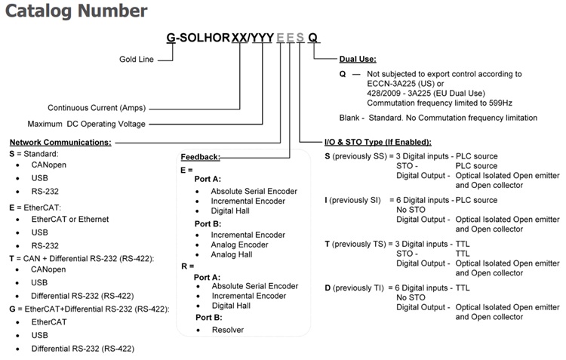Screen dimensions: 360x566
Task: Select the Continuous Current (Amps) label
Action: point(94,108)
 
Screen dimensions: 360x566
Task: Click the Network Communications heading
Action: point(60,142)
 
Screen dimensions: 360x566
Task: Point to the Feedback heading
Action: point(201,157)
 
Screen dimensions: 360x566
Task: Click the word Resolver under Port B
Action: point(228,330)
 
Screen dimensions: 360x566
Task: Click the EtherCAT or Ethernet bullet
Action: point(70,219)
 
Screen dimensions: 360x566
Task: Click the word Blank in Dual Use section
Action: point(351,118)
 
